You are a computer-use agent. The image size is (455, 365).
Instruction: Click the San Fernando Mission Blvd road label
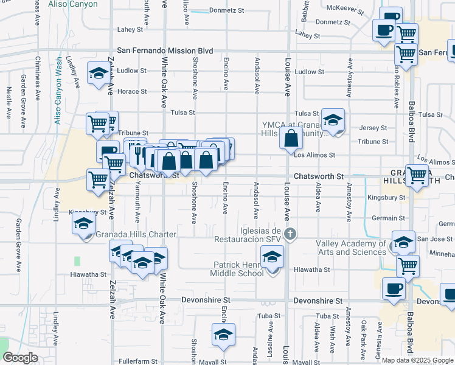coord(165,51)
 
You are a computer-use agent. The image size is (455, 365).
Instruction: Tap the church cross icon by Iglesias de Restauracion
coord(291,234)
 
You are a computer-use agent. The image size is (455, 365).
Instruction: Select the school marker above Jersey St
coord(333,120)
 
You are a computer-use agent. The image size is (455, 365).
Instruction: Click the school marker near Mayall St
coord(223,335)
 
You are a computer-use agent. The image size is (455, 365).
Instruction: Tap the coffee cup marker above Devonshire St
coord(394,288)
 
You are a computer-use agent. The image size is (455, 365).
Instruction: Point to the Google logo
coord(20,358)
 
